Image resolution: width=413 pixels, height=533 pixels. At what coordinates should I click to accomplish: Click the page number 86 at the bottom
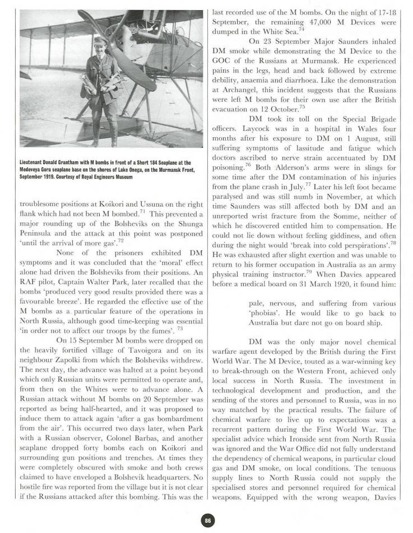click(207, 520)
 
